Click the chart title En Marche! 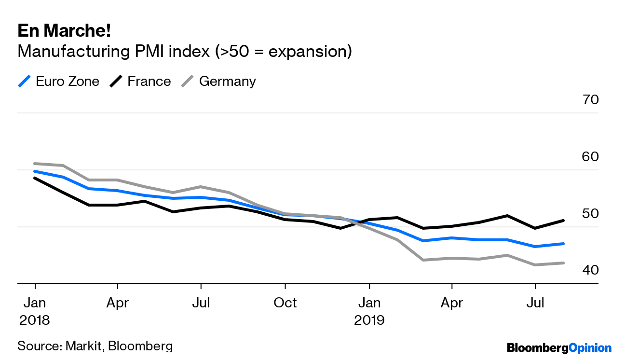pyautogui.click(x=64, y=31)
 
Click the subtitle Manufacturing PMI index pyautogui.click(x=184, y=51)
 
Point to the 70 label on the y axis pyautogui.click(x=590, y=100)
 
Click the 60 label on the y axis pyautogui.click(x=590, y=157)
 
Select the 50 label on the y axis pyautogui.click(x=590, y=214)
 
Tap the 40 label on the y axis pyautogui.click(x=590, y=270)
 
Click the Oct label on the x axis pyautogui.click(x=285, y=303)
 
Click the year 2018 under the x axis pyautogui.click(x=35, y=320)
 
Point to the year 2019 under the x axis pyautogui.click(x=369, y=320)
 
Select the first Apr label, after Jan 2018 pyautogui.click(x=117, y=303)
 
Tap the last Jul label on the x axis pyautogui.click(x=535, y=303)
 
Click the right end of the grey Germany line pyautogui.click(x=563, y=263)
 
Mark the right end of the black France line pyautogui.click(x=563, y=221)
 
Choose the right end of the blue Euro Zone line pyautogui.click(x=563, y=244)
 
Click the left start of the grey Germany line pyautogui.click(x=35, y=164)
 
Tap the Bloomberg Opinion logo pyautogui.click(x=559, y=348)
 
